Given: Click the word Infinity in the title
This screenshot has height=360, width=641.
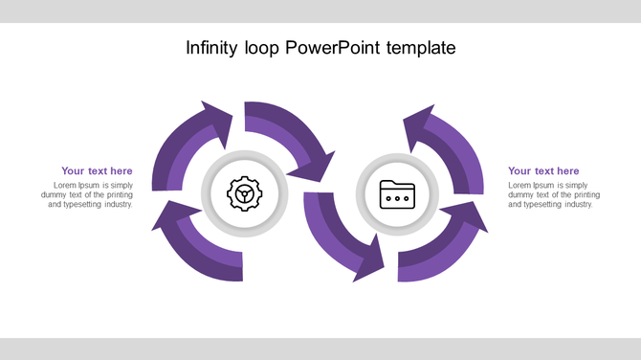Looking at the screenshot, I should click(210, 48).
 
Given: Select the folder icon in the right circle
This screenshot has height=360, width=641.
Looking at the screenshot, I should click(396, 194).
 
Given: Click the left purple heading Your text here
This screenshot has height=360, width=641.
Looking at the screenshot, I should click(97, 171).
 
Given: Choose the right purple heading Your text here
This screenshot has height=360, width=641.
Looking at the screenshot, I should click(543, 171).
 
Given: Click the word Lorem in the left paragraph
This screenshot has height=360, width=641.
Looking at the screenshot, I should click(65, 185).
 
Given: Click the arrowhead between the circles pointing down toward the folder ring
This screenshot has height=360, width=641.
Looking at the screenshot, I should click(315, 168).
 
